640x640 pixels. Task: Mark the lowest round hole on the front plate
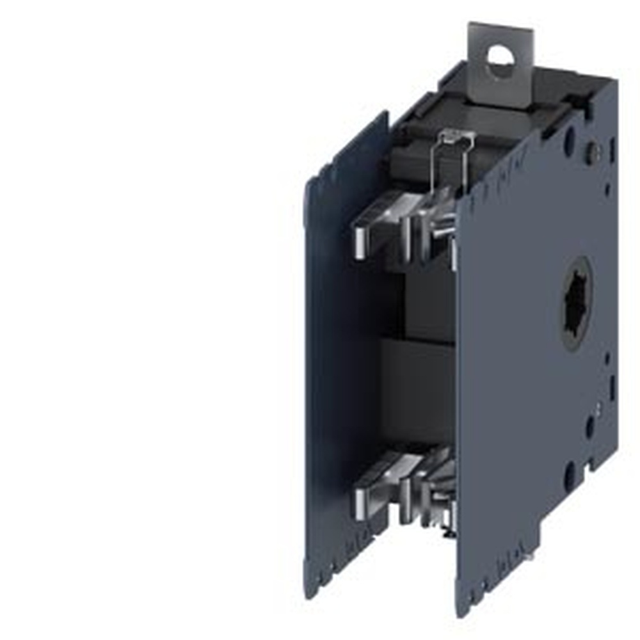pyautogui.click(x=570, y=477)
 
